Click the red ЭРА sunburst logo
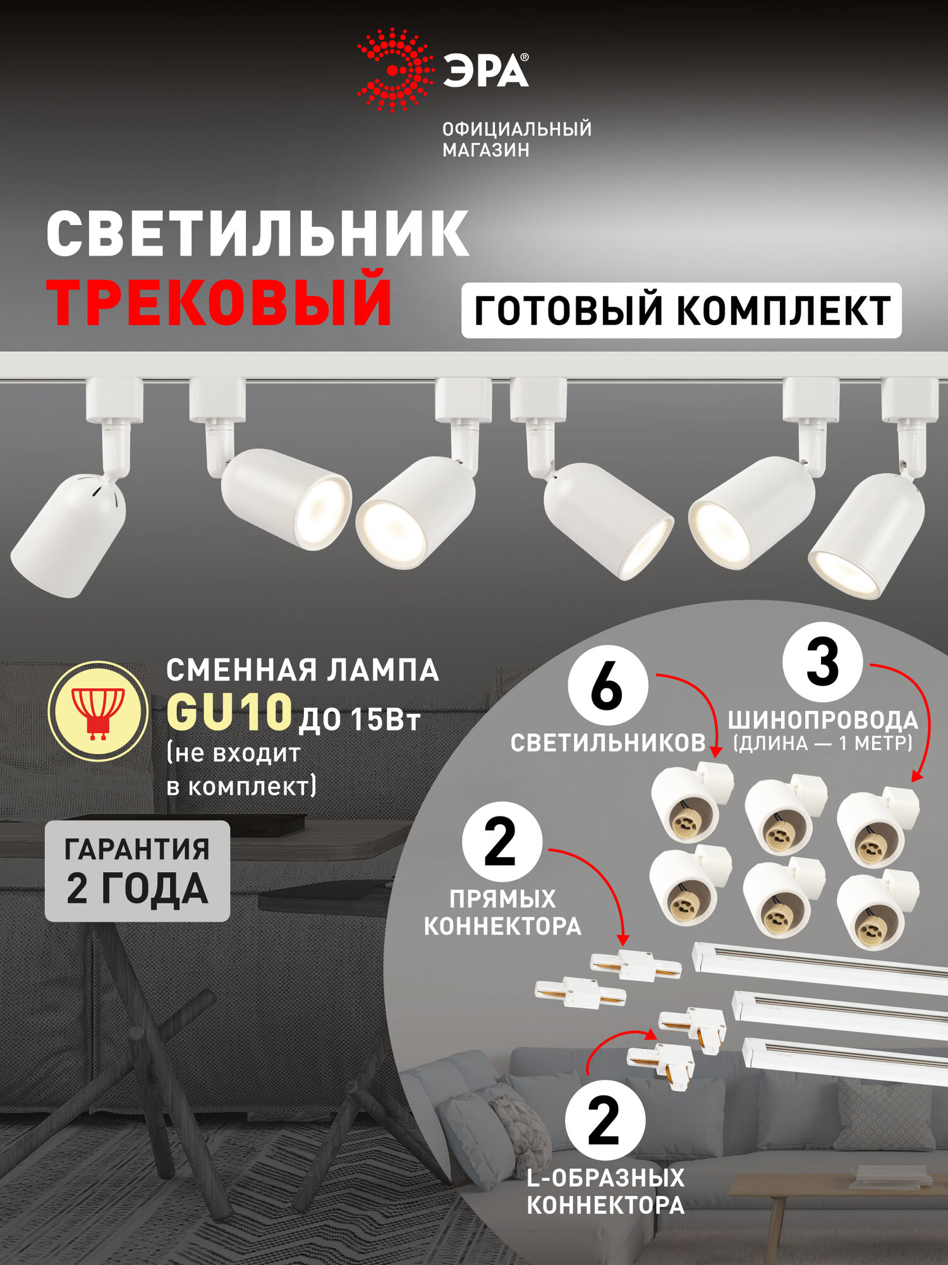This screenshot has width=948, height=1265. (x=395, y=70)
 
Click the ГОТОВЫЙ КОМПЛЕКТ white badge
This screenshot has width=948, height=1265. (x=681, y=311)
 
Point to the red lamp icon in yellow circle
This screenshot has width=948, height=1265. (x=98, y=711)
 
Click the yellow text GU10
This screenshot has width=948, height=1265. (x=229, y=713)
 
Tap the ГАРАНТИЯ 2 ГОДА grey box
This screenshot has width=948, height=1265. (x=137, y=871)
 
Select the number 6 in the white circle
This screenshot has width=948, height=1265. (x=607, y=686)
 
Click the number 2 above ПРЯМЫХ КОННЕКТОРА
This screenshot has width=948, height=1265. (x=502, y=842)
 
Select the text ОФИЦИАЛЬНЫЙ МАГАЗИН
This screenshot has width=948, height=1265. (x=516, y=139)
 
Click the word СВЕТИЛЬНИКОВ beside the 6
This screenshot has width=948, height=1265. (x=607, y=743)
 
